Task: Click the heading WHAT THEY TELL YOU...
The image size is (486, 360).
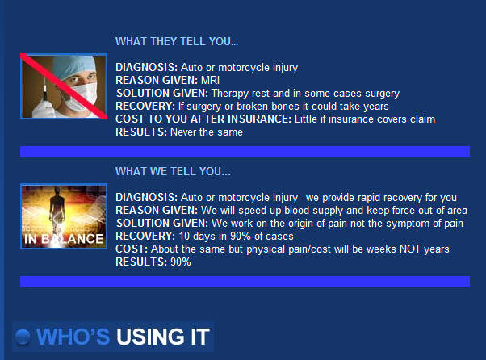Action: (x=177, y=41)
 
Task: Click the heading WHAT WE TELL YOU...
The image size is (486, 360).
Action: (x=173, y=171)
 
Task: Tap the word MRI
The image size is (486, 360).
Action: (x=210, y=80)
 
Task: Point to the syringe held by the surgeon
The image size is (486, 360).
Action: (x=45, y=90)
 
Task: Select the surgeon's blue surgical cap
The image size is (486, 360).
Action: (x=73, y=65)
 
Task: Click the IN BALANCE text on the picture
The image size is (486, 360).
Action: (x=64, y=239)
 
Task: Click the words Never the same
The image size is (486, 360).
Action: (x=207, y=132)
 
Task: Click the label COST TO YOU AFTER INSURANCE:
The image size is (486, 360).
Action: (x=203, y=119)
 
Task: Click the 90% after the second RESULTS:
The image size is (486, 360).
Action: (x=181, y=262)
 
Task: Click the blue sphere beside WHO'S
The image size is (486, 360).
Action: (x=23, y=337)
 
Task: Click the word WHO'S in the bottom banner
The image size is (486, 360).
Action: (x=73, y=337)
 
